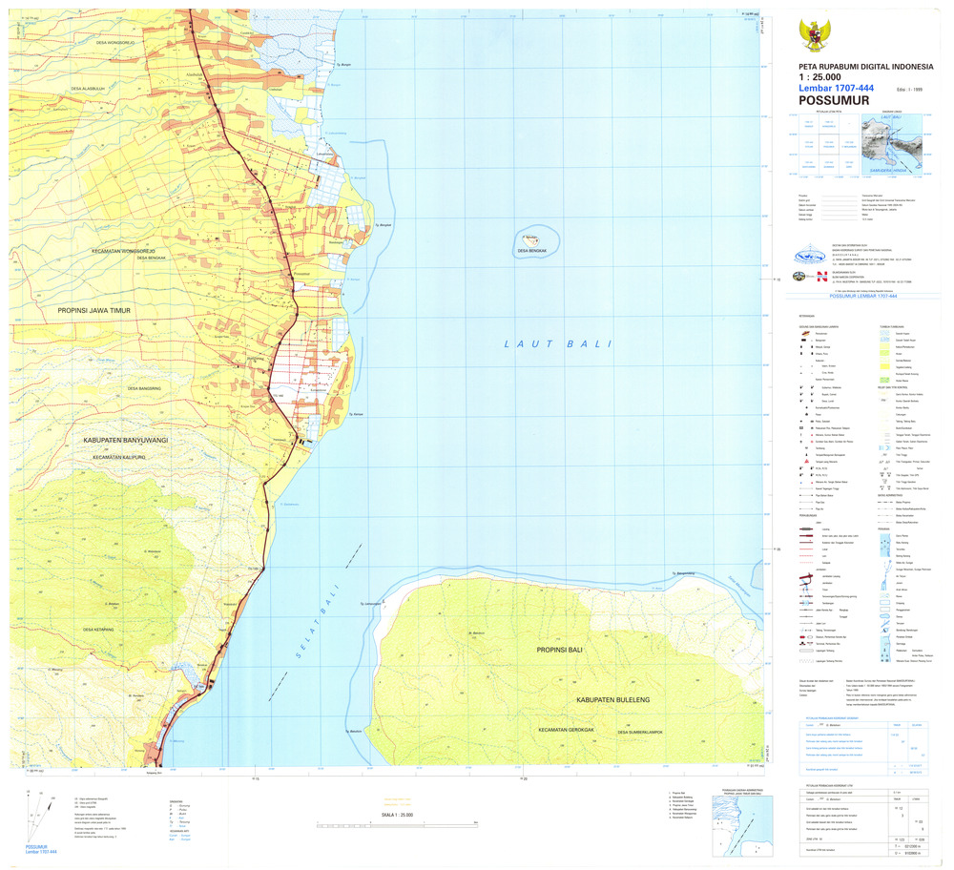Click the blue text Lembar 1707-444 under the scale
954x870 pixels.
click(x=837, y=88)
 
